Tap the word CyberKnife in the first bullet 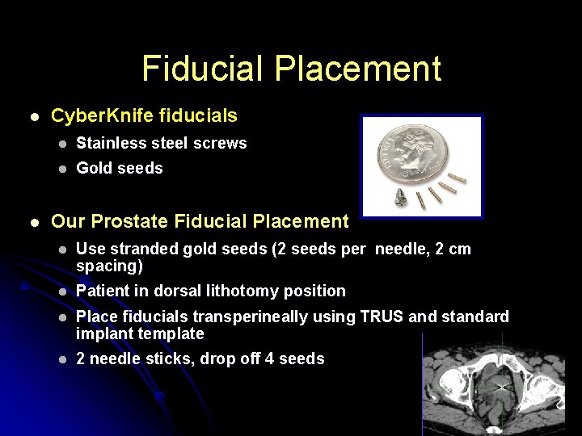(x=95, y=116)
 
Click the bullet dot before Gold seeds (x=60, y=169)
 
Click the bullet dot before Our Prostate (x=33, y=221)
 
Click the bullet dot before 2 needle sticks (x=60, y=359)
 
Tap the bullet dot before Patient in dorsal (x=60, y=291)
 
